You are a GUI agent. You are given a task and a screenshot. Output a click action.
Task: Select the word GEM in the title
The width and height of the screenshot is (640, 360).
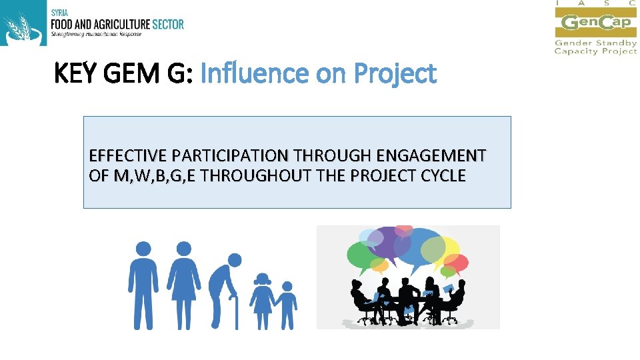pos(135,73)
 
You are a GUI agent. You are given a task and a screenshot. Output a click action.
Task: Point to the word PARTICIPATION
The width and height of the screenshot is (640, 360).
pos(229,156)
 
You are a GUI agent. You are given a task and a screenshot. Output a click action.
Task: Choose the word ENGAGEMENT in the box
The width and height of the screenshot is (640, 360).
pos(431,156)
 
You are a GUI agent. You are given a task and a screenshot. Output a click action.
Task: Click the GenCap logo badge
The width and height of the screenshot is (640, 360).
pos(595,23)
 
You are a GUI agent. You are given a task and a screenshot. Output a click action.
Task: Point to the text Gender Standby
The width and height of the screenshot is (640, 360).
pos(595,43)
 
